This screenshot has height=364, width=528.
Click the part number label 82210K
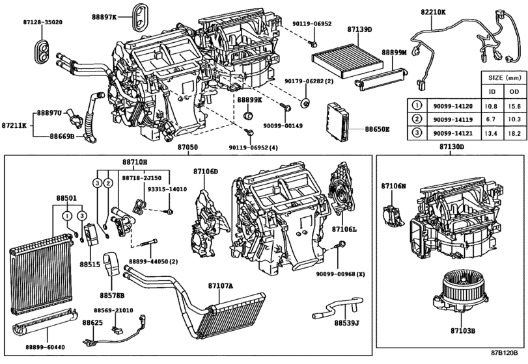click(x=433, y=12)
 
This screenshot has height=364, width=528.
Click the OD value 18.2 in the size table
click(x=514, y=133)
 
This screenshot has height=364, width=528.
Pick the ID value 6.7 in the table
click(x=491, y=120)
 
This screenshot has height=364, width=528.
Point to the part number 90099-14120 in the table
click(x=452, y=106)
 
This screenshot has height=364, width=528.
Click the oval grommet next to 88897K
click(x=140, y=16)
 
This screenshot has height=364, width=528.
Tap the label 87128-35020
click(x=43, y=22)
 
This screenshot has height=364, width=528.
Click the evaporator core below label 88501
click(x=41, y=274)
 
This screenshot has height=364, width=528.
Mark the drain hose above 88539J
click(x=337, y=305)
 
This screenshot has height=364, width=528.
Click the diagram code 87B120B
click(x=504, y=353)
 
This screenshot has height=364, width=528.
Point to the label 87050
click(x=188, y=147)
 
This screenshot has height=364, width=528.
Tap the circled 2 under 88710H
click(x=108, y=183)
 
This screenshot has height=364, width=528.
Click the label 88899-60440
click(x=45, y=347)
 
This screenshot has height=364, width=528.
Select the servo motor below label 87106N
click(x=392, y=214)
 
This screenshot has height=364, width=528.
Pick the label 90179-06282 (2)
click(x=309, y=81)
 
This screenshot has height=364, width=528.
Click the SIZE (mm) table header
click(x=505, y=77)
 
